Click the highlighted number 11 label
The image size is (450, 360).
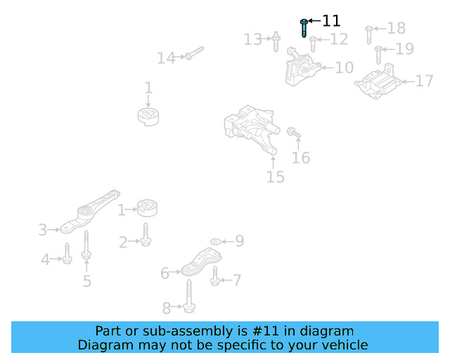[x=331, y=21]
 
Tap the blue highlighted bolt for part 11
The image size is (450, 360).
[x=303, y=28]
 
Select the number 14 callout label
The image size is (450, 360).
[x=166, y=58]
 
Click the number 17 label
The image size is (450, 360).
[x=424, y=82]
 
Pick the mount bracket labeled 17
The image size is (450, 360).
[x=380, y=84]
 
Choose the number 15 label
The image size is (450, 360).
[x=276, y=177]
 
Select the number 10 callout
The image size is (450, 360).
[x=344, y=68]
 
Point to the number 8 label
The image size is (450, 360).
[x=167, y=308]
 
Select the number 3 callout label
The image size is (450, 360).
[x=43, y=230]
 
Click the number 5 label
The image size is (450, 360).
[x=86, y=281]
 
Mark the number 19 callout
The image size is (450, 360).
[x=404, y=49]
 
